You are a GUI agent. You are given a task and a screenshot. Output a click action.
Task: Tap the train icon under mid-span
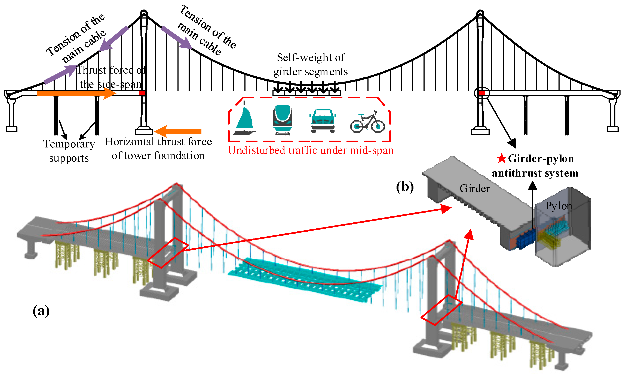tap(283, 119)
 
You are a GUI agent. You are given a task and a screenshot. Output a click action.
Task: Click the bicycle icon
tap(367, 123)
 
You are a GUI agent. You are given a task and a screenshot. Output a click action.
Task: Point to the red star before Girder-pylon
tap(502, 158)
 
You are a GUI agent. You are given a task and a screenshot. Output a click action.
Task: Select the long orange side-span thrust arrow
tap(76, 93)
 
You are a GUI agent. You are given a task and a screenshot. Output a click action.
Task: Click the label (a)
tap(41, 311)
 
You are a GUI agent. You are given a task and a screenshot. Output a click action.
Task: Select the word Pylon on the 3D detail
tap(559, 206)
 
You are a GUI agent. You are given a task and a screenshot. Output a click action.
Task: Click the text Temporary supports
tap(69, 151)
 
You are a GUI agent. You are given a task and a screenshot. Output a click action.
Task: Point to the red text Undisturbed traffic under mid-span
tap(311, 150)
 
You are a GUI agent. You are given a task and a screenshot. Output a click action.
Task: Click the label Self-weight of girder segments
tap(311, 65)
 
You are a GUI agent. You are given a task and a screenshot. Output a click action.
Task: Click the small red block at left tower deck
tap(142, 93)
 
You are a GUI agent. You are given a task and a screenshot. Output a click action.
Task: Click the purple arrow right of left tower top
tap(177, 37)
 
